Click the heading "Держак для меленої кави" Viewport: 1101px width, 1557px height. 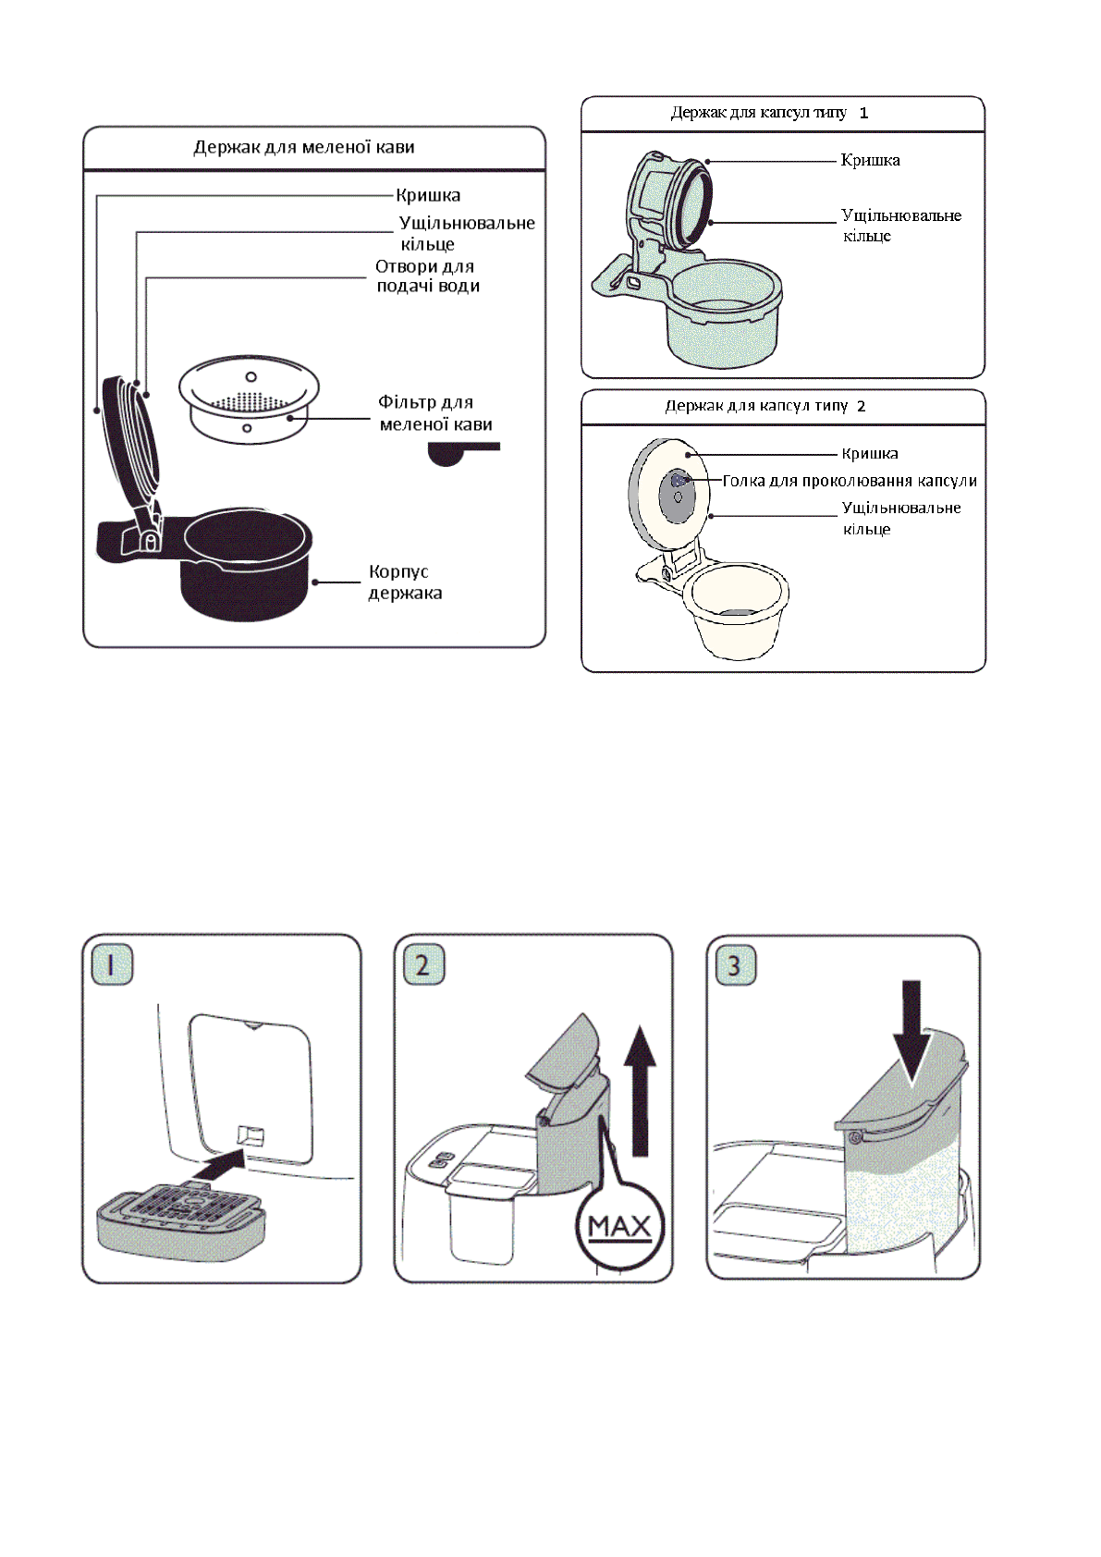click(x=304, y=147)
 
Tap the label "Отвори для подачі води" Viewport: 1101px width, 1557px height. click(x=426, y=276)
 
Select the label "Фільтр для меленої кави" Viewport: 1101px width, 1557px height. click(x=434, y=413)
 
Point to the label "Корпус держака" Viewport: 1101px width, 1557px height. click(x=405, y=582)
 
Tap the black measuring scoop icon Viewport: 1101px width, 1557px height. click(x=459, y=452)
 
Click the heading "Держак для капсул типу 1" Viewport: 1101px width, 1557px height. click(x=769, y=113)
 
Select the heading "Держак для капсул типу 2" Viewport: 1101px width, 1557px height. click(x=765, y=406)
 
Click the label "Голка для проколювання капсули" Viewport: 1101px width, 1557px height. click(x=850, y=481)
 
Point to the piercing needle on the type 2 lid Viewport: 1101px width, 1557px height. click(x=679, y=481)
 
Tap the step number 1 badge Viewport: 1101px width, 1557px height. click(x=112, y=965)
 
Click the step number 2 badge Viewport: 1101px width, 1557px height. click(x=423, y=965)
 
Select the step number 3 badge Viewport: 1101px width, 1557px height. click(x=735, y=965)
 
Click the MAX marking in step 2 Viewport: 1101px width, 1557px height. click(x=619, y=1227)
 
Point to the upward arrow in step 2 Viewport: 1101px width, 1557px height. click(x=639, y=1091)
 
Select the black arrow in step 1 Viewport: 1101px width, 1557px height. click(x=220, y=1163)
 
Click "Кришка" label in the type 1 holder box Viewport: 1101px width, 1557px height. click(x=870, y=161)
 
